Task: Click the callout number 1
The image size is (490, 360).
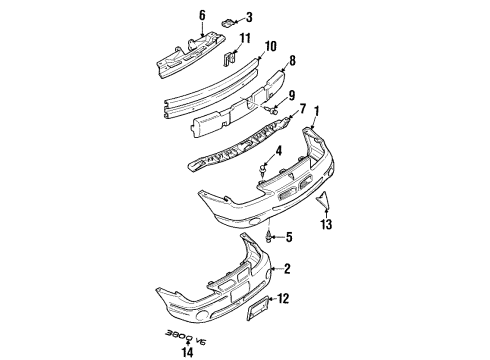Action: (x=319, y=113)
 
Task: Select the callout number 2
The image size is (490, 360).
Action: (x=287, y=268)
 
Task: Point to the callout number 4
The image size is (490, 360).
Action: (x=280, y=152)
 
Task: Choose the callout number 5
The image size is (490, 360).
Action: (x=289, y=237)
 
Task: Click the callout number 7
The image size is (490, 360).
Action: (x=302, y=106)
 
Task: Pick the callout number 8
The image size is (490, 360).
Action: (x=293, y=60)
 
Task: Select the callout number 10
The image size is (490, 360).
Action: (x=270, y=45)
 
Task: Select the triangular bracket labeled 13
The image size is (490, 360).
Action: (x=324, y=203)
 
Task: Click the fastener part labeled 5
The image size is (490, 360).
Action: (x=270, y=237)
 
